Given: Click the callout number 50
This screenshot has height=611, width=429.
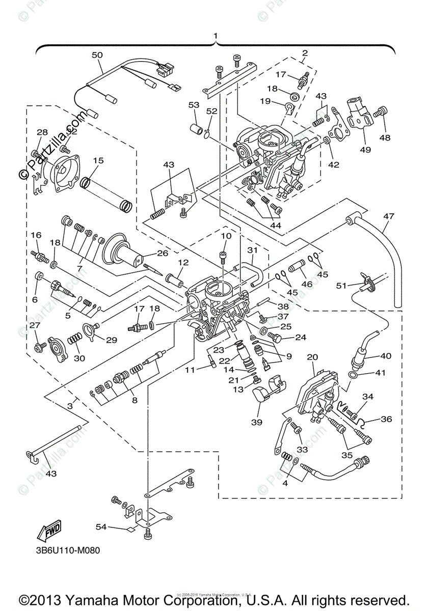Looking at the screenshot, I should [x=97, y=54].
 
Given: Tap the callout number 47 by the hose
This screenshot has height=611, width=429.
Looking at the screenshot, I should [x=389, y=216].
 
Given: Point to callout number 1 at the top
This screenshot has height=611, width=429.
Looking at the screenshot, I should [x=216, y=36].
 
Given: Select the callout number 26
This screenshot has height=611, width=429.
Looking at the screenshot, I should [x=162, y=253].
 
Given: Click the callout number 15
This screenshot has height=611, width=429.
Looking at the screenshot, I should [x=98, y=160].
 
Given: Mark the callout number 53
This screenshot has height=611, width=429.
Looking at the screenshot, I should [x=194, y=105].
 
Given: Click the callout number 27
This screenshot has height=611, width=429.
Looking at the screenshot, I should [x=34, y=325].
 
